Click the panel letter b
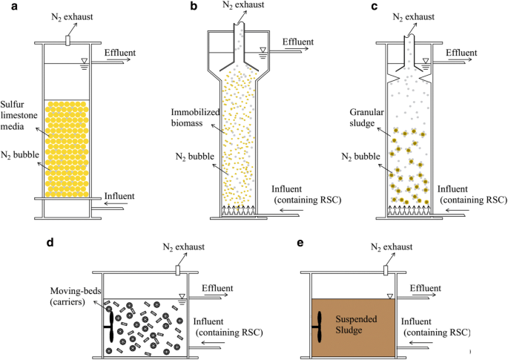coord(194,7)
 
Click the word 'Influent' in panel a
coord(119,197)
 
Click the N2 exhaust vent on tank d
coord(177,272)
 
